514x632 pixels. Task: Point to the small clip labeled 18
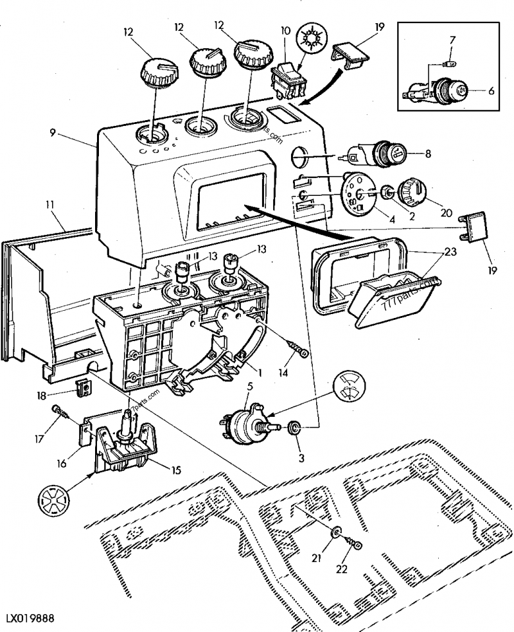click(81, 387)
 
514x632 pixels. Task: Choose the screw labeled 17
click(58, 411)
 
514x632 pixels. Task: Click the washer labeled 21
click(337, 532)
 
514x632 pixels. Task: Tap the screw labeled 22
click(355, 545)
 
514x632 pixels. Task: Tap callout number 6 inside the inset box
click(491, 91)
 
